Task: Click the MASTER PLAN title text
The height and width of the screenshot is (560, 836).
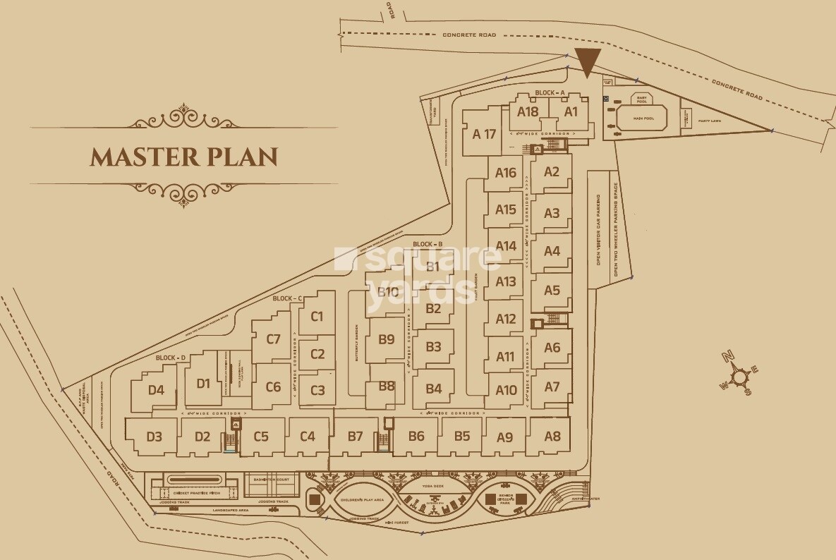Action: click(x=183, y=156)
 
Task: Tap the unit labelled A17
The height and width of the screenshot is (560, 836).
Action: click(x=485, y=134)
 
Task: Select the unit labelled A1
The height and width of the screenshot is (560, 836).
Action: click(x=571, y=111)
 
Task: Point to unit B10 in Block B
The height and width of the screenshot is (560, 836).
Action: click(x=387, y=292)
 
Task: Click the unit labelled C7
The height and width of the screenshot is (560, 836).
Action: click(x=273, y=339)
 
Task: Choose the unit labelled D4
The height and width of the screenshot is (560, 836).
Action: click(x=156, y=390)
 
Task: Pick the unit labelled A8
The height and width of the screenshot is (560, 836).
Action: click(x=552, y=436)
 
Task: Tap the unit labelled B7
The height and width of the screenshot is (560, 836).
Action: click(x=355, y=437)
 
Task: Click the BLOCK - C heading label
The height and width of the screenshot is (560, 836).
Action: click(x=287, y=298)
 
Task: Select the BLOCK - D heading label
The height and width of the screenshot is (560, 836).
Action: click(x=170, y=358)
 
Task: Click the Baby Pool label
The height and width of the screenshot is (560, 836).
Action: click(x=642, y=99)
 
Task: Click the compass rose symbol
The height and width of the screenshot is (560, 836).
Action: click(x=738, y=377)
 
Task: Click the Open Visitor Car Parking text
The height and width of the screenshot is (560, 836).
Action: click(x=598, y=229)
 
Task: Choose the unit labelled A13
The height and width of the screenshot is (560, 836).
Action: click(x=506, y=281)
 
